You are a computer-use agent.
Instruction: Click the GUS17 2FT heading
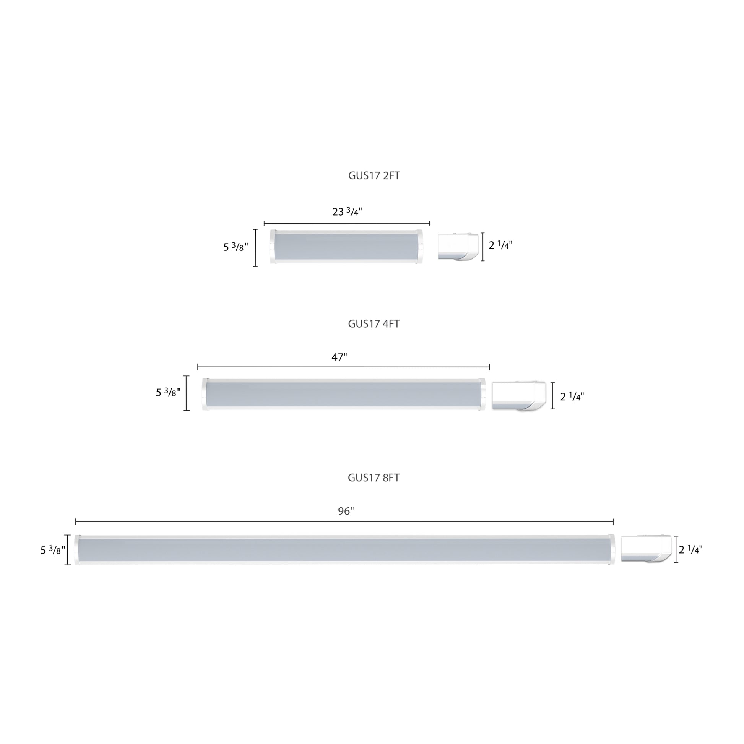point(374,176)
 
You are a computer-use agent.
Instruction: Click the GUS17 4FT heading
point(374,324)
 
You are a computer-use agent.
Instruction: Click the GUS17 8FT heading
point(374,478)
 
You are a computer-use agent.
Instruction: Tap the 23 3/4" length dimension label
point(347,211)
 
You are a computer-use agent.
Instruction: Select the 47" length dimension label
point(339,357)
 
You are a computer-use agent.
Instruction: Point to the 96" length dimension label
point(346,511)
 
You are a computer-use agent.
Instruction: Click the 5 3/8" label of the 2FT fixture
point(236,247)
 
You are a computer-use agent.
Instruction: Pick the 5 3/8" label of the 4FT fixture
point(168,392)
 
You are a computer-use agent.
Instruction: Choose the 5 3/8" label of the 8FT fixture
point(53,550)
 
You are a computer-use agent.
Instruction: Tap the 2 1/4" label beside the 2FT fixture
point(500,245)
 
